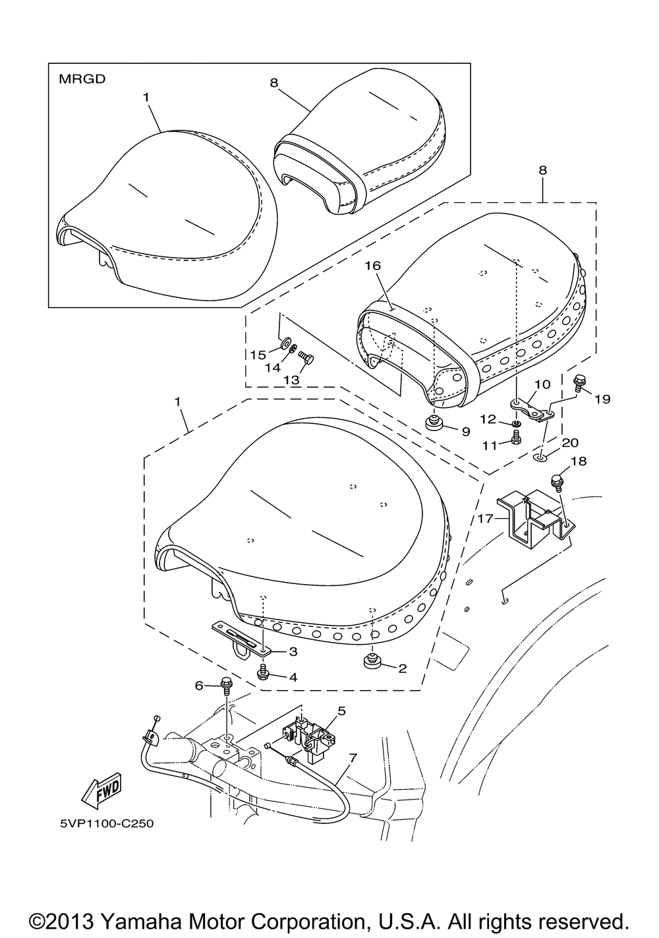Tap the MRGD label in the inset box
(82, 79)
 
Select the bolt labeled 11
(516, 438)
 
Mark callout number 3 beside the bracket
(293, 651)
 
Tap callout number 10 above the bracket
(542, 384)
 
